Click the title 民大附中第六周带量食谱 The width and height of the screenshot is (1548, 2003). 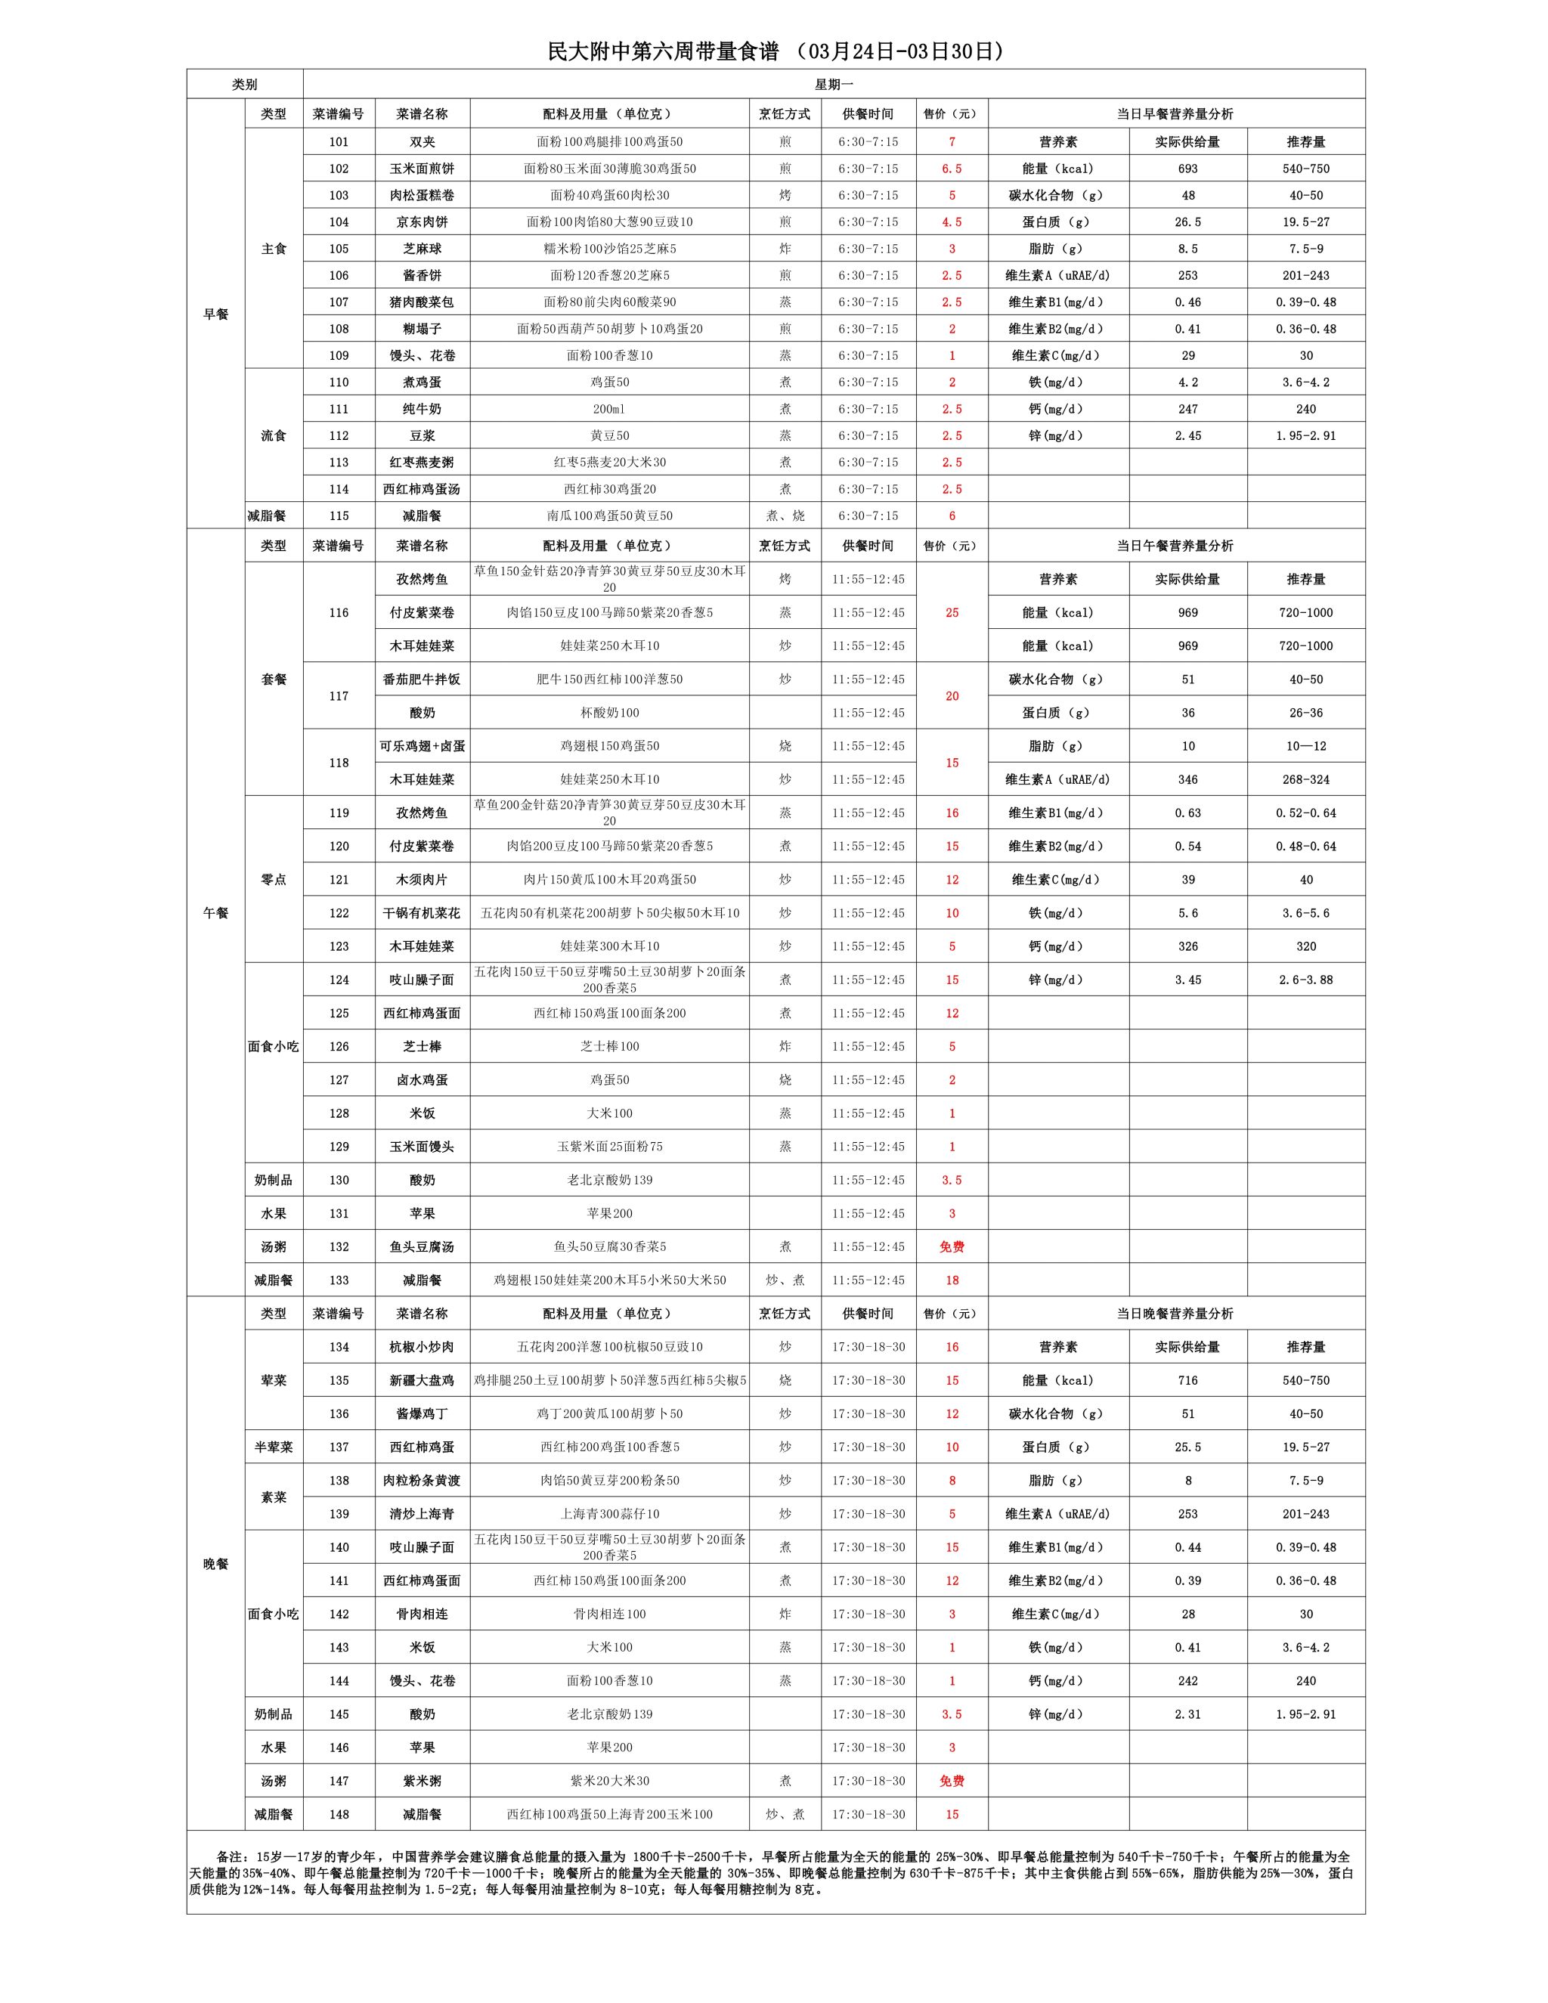click(662, 52)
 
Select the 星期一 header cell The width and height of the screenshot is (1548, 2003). click(834, 85)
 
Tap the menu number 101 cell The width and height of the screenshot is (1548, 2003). click(339, 142)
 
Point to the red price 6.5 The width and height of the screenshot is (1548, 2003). click(951, 169)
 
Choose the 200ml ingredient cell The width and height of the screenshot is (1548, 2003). click(609, 409)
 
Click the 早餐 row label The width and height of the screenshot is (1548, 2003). click(215, 314)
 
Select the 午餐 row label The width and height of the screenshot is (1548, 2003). click(215, 912)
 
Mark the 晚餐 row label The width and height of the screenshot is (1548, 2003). click(215, 1564)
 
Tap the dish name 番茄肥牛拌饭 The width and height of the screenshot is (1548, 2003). click(422, 680)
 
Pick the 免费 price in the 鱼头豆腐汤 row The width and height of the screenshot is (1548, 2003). click(951, 1247)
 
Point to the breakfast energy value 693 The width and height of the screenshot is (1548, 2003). click(1187, 169)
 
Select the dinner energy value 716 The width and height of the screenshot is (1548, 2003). click(1187, 1380)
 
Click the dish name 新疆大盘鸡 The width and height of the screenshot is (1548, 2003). click(422, 1380)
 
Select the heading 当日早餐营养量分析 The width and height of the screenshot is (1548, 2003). click(1175, 113)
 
